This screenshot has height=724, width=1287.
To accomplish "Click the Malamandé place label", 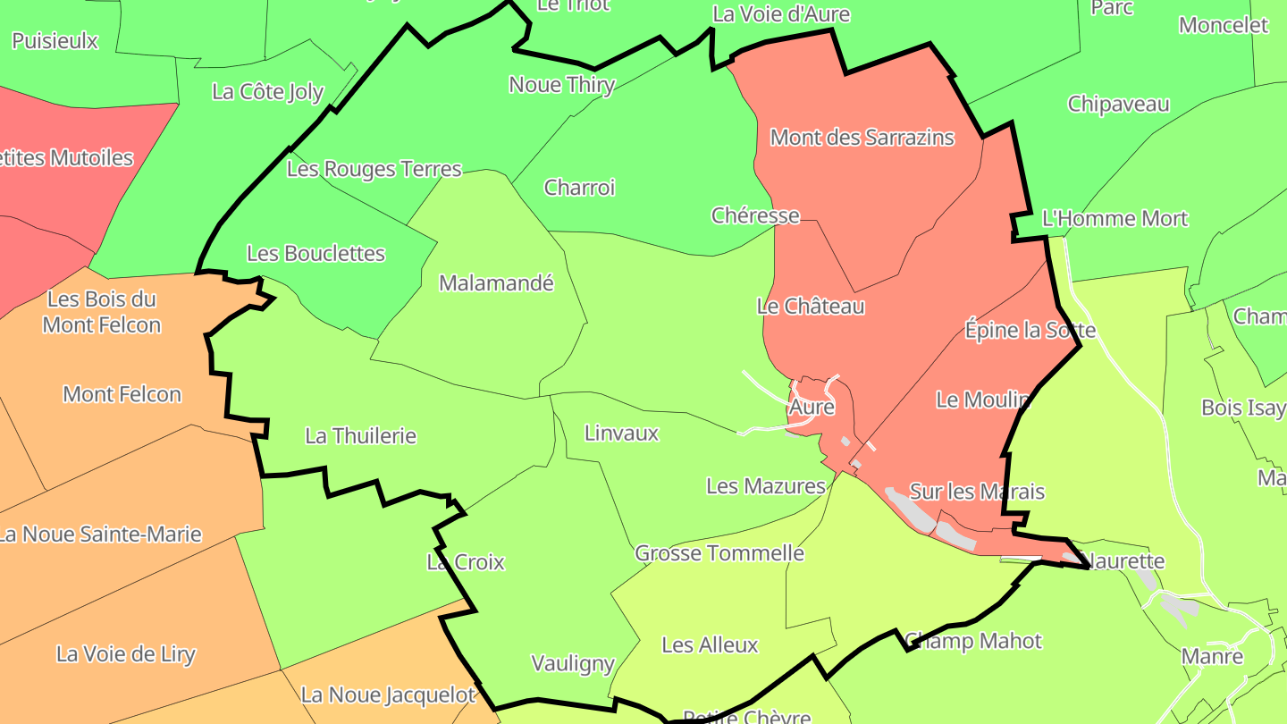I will pos(497,283).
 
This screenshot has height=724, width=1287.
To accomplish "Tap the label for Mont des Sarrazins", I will pos(862,138).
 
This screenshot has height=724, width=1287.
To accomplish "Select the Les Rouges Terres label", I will pos(374,169).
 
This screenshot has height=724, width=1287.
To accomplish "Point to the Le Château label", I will pos(811,307).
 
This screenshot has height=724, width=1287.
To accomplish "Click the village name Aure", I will pos(812,408).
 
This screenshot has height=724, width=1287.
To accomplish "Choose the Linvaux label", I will pos(621,434).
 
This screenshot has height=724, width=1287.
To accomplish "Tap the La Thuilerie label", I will pos(361,436).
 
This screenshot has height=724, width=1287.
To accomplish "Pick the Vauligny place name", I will pos(573,663).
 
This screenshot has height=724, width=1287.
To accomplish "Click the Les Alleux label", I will pos(710,644).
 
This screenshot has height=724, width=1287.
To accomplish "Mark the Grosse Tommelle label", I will pos(719,553).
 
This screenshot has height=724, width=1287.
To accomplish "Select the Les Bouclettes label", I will pos(315,254).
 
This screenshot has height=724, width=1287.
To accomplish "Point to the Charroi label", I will pos(579,188).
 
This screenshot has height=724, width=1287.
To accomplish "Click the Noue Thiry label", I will pos(562,85).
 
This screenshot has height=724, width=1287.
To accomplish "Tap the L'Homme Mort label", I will pos(1115,219).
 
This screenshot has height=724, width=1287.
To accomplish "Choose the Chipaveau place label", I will pos(1119,105).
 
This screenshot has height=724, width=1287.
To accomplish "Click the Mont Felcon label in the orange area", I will pos(122,394).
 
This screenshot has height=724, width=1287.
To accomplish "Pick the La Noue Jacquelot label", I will pos(389,695).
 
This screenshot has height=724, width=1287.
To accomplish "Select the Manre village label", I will pos(1212,657).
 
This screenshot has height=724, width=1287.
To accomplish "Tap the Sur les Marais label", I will pos(977,492).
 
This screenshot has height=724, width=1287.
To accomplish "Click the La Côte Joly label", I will pos(268,92).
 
